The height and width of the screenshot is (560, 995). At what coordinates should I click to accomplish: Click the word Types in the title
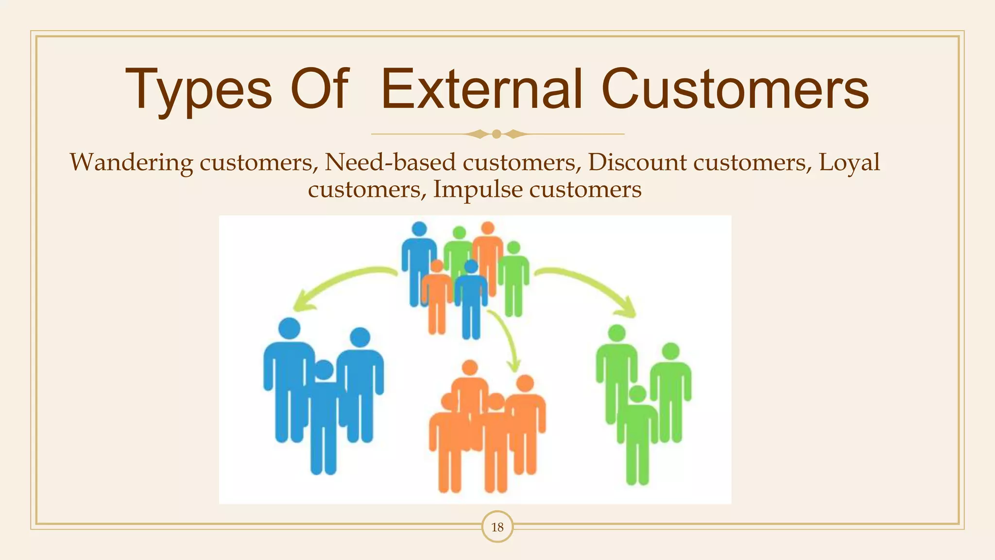click(x=198, y=90)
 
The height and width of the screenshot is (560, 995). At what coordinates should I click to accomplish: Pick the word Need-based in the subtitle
click(x=390, y=162)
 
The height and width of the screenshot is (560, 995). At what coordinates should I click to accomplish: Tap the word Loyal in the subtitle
click(x=849, y=162)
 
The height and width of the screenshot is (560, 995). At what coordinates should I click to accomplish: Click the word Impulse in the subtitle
click(x=477, y=190)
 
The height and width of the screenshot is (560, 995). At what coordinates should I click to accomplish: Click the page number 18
click(x=497, y=527)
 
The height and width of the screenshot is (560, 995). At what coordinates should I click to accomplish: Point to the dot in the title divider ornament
click(x=497, y=134)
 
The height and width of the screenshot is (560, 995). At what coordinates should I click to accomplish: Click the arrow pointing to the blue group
click(x=340, y=284)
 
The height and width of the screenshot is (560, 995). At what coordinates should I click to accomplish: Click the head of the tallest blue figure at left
click(x=290, y=328)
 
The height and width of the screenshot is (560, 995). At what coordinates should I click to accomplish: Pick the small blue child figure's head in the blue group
click(x=324, y=370)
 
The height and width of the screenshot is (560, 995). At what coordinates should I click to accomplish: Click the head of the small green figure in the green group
click(x=637, y=394)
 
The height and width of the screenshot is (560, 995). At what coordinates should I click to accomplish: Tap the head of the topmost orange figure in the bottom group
click(x=470, y=368)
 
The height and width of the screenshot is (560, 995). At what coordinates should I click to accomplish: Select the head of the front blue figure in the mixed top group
click(x=471, y=266)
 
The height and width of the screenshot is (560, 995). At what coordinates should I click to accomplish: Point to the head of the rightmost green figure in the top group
click(x=514, y=248)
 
